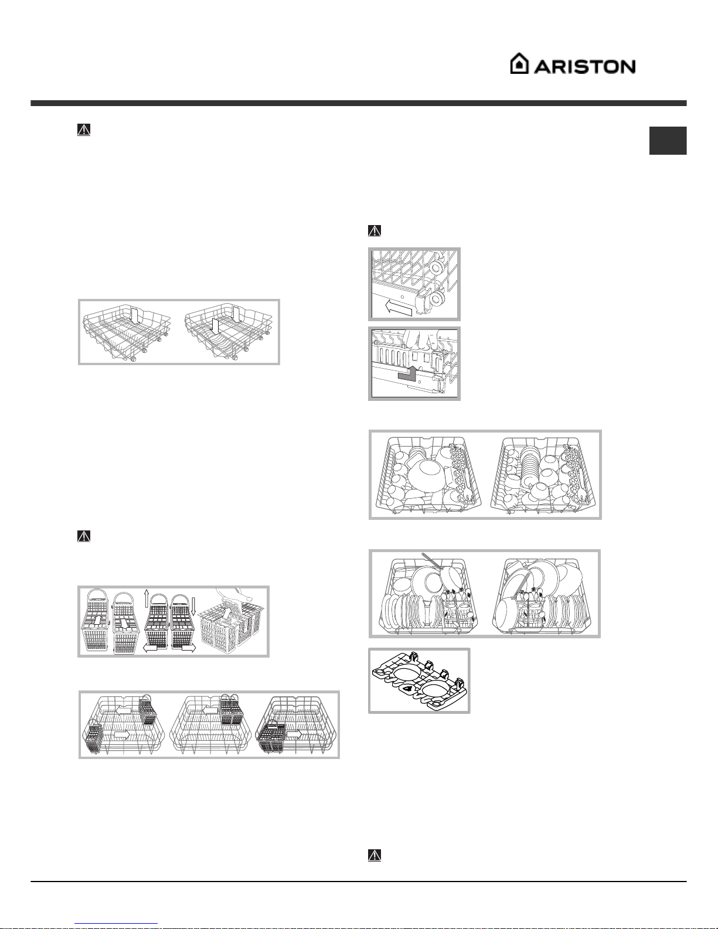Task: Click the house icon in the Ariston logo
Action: tap(519, 63)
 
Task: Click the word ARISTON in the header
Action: tap(585, 67)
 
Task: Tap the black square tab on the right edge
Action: tap(668, 140)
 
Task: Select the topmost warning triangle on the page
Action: tap(84, 130)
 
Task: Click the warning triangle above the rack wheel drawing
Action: tap(375, 230)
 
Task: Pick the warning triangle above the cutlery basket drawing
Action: tap(84, 536)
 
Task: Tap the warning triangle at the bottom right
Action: tap(375, 855)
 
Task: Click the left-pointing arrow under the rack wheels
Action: tap(399, 307)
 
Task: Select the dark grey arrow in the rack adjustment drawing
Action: tap(408, 373)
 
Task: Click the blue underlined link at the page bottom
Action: tap(116, 924)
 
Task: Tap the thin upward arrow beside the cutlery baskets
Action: tap(146, 598)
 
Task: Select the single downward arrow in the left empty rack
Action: tap(134, 317)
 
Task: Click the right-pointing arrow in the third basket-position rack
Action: tap(294, 734)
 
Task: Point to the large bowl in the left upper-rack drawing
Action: tap(425, 472)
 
